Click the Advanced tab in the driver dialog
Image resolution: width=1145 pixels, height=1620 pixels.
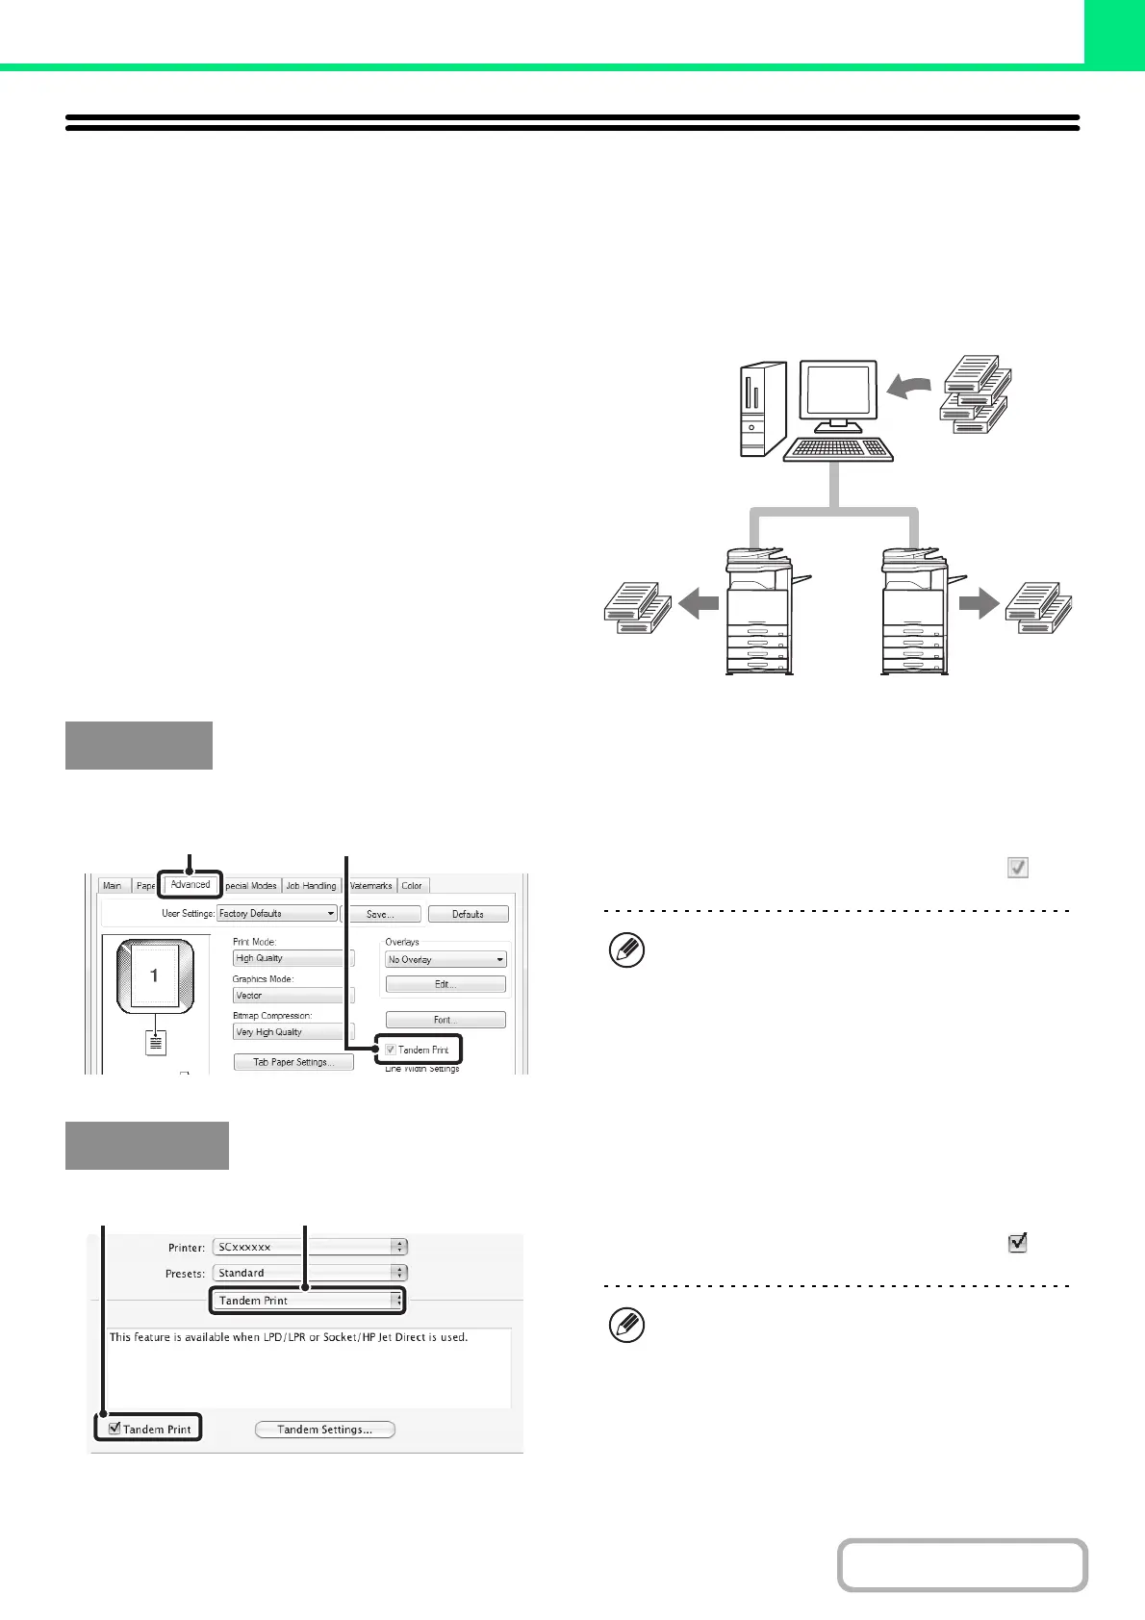[191, 885]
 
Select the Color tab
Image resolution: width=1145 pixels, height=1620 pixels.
[412, 886]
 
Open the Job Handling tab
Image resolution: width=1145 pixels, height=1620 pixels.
[311, 886]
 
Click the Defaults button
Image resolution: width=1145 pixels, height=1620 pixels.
[468, 914]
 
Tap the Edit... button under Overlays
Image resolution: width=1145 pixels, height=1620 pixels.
[445, 984]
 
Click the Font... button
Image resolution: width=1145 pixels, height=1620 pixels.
[445, 1020]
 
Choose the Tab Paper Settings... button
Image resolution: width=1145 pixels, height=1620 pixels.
[293, 1062]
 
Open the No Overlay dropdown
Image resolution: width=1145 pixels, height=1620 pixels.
[445, 959]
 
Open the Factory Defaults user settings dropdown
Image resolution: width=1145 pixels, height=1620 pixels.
[277, 913]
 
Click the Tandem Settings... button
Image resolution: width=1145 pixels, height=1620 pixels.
[325, 1430]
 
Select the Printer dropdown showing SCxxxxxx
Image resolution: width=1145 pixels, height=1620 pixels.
[310, 1247]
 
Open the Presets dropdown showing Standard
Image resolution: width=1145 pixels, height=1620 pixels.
[310, 1273]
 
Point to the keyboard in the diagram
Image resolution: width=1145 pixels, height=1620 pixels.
[839, 449]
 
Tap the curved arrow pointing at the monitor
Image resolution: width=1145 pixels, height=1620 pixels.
[907, 386]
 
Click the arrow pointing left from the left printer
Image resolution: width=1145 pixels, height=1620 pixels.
[699, 604]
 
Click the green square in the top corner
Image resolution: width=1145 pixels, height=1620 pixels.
[1114, 32]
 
